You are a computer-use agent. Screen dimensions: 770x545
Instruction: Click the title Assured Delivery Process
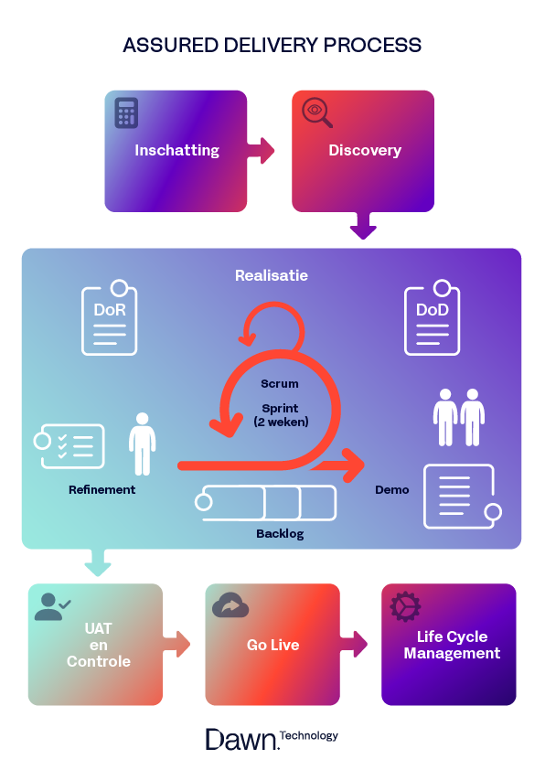[272, 45]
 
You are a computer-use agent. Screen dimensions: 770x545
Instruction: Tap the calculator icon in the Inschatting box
[127, 113]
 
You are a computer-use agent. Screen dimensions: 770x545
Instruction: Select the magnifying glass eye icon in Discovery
[316, 112]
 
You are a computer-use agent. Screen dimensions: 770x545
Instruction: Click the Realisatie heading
[272, 275]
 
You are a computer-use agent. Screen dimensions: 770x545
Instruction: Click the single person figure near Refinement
[142, 444]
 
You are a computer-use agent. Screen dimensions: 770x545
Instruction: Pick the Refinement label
[102, 489]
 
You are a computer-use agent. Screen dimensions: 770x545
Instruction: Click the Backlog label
[280, 533]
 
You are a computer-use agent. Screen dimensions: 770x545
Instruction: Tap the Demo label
[392, 489]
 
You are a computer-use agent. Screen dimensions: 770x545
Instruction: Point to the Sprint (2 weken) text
[280, 414]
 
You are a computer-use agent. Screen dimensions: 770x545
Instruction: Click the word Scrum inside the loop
[280, 384]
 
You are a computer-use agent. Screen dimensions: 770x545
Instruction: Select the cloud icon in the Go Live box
[230, 605]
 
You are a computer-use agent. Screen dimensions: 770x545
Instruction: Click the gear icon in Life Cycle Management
[405, 606]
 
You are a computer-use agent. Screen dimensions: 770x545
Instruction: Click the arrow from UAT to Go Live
[177, 644]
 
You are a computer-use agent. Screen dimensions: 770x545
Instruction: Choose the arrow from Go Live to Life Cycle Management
[354, 644]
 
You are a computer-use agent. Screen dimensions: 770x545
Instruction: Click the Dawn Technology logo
[272, 739]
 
